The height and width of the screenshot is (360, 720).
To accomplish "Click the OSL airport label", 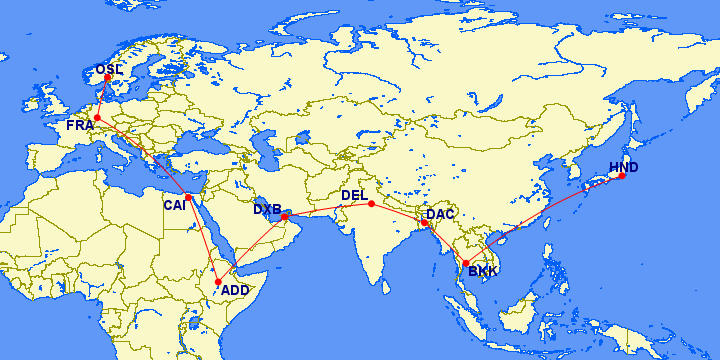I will coord(109,69).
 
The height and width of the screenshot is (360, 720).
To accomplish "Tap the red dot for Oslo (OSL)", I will coord(108,78).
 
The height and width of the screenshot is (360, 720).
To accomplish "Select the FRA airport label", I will coord(80,125).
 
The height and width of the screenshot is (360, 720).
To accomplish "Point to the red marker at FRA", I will coord(97,118).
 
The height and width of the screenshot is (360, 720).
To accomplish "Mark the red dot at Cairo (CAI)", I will coord(188,197).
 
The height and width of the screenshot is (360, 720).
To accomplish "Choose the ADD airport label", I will coord(235,290).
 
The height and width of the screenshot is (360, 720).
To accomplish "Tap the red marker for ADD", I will coord(218,282).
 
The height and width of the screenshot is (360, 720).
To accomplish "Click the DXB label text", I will coord(267,209).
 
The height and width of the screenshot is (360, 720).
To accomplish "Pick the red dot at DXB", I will coord(285,216).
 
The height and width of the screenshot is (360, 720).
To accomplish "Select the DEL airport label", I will coord(354,195).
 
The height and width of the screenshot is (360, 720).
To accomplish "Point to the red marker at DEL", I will coord(371,204).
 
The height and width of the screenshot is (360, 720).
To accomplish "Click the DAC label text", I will coord(440,213).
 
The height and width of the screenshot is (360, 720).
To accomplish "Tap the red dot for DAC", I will coord(425,222).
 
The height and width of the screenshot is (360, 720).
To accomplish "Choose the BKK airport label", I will coord(482,271).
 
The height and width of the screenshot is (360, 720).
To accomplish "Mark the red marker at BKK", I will coord(466,263).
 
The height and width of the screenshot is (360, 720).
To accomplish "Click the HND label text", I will coord(623,166).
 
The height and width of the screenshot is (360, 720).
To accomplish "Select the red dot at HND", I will coord(622,176).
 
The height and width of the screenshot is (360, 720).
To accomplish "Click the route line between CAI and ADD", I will coord(203,240).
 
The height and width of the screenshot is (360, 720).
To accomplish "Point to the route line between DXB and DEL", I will coord(328,210).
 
